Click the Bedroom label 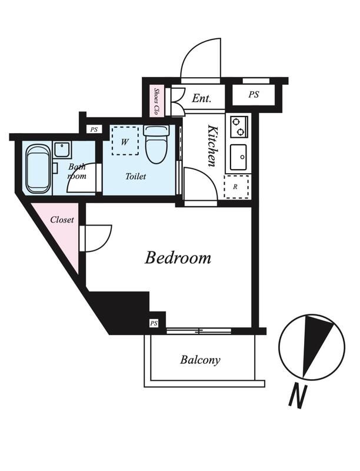coord(178,258)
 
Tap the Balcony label coord(200,360)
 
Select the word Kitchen coord(212,145)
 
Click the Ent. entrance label coord(202,98)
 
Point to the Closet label coord(62,220)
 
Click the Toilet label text coord(136,176)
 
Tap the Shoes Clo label coord(156,101)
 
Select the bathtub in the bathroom coord(38,169)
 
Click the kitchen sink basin coord(238,157)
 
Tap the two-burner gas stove coord(239,127)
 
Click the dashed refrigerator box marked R coord(236,187)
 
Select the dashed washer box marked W coord(125,141)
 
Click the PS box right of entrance coord(254,95)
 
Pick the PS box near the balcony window coord(154,323)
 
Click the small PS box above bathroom coord(94,130)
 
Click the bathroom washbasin coord(62,150)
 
